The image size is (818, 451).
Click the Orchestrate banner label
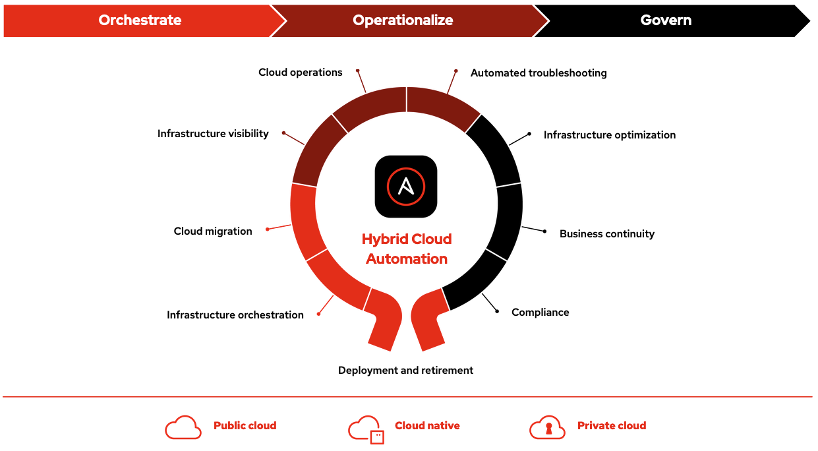(x=140, y=20)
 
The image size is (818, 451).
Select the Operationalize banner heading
(x=403, y=20)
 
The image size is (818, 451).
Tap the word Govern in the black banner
(x=666, y=20)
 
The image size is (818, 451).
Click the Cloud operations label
(x=300, y=73)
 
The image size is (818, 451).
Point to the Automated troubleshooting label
(x=539, y=73)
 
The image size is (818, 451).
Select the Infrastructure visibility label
(x=213, y=134)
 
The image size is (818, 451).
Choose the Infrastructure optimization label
(x=609, y=135)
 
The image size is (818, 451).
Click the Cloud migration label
(x=213, y=231)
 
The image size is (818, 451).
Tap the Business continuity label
(x=606, y=234)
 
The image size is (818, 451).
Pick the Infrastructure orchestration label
(x=235, y=315)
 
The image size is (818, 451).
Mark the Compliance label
(x=540, y=313)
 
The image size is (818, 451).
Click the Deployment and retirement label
(x=405, y=371)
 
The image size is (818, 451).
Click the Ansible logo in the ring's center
(x=406, y=187)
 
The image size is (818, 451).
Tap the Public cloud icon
(x=183, y=428)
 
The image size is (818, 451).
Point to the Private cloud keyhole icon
(x=547, y=428)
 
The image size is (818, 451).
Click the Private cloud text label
(x=612, y=426)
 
